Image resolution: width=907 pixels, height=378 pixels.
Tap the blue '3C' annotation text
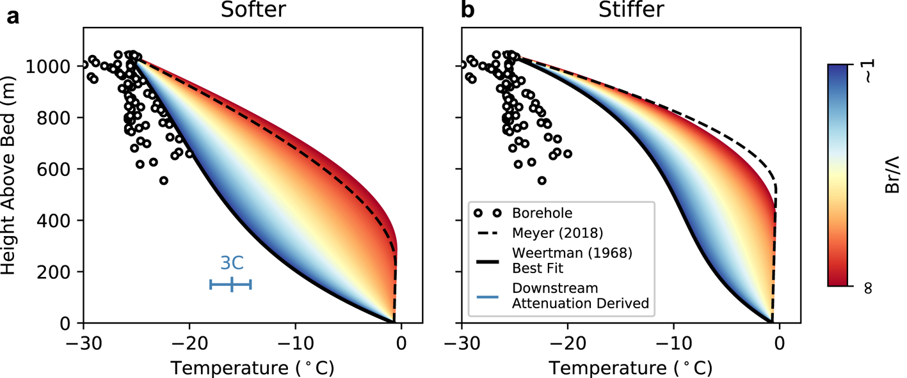232,263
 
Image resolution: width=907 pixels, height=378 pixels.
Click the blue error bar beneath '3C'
231,285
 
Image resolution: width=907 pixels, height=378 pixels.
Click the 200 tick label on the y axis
60,272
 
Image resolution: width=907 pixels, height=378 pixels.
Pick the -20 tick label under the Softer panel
189,342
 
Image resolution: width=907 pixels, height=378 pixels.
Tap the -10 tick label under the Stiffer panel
673,342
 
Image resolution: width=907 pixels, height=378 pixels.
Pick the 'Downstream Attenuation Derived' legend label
581,296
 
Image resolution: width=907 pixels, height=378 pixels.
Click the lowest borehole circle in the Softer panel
164,180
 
